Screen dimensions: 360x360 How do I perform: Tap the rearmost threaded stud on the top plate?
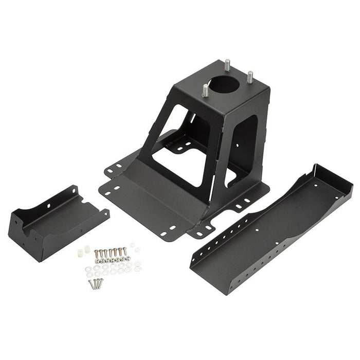pos(227,66)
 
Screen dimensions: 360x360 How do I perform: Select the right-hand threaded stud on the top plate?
pos(250,77)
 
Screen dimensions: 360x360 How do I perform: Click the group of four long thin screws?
pos(96,283)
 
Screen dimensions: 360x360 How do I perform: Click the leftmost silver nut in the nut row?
pos(97,260)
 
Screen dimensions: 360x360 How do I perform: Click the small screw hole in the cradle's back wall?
pos(50,206)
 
